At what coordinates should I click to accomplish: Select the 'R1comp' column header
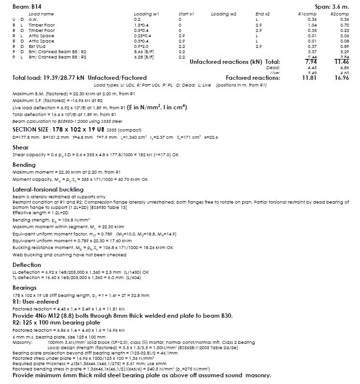click(x=307, y=15)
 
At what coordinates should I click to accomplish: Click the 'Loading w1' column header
click(x=146, y=15)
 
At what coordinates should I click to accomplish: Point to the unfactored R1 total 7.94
click(x=311, y=62)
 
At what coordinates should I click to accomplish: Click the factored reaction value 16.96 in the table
click(x=341, y=77)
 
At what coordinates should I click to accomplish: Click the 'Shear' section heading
click(x=20, y=147)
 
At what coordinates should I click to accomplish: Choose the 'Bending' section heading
click(x=24, y=164)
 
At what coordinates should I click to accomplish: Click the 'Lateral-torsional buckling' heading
click(x=48, y=189)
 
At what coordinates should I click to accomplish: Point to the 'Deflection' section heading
click(x=27, y=265)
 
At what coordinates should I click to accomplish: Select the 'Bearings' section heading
click(x=25, y=287)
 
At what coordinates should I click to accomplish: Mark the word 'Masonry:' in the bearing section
click(x=22, y=342)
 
